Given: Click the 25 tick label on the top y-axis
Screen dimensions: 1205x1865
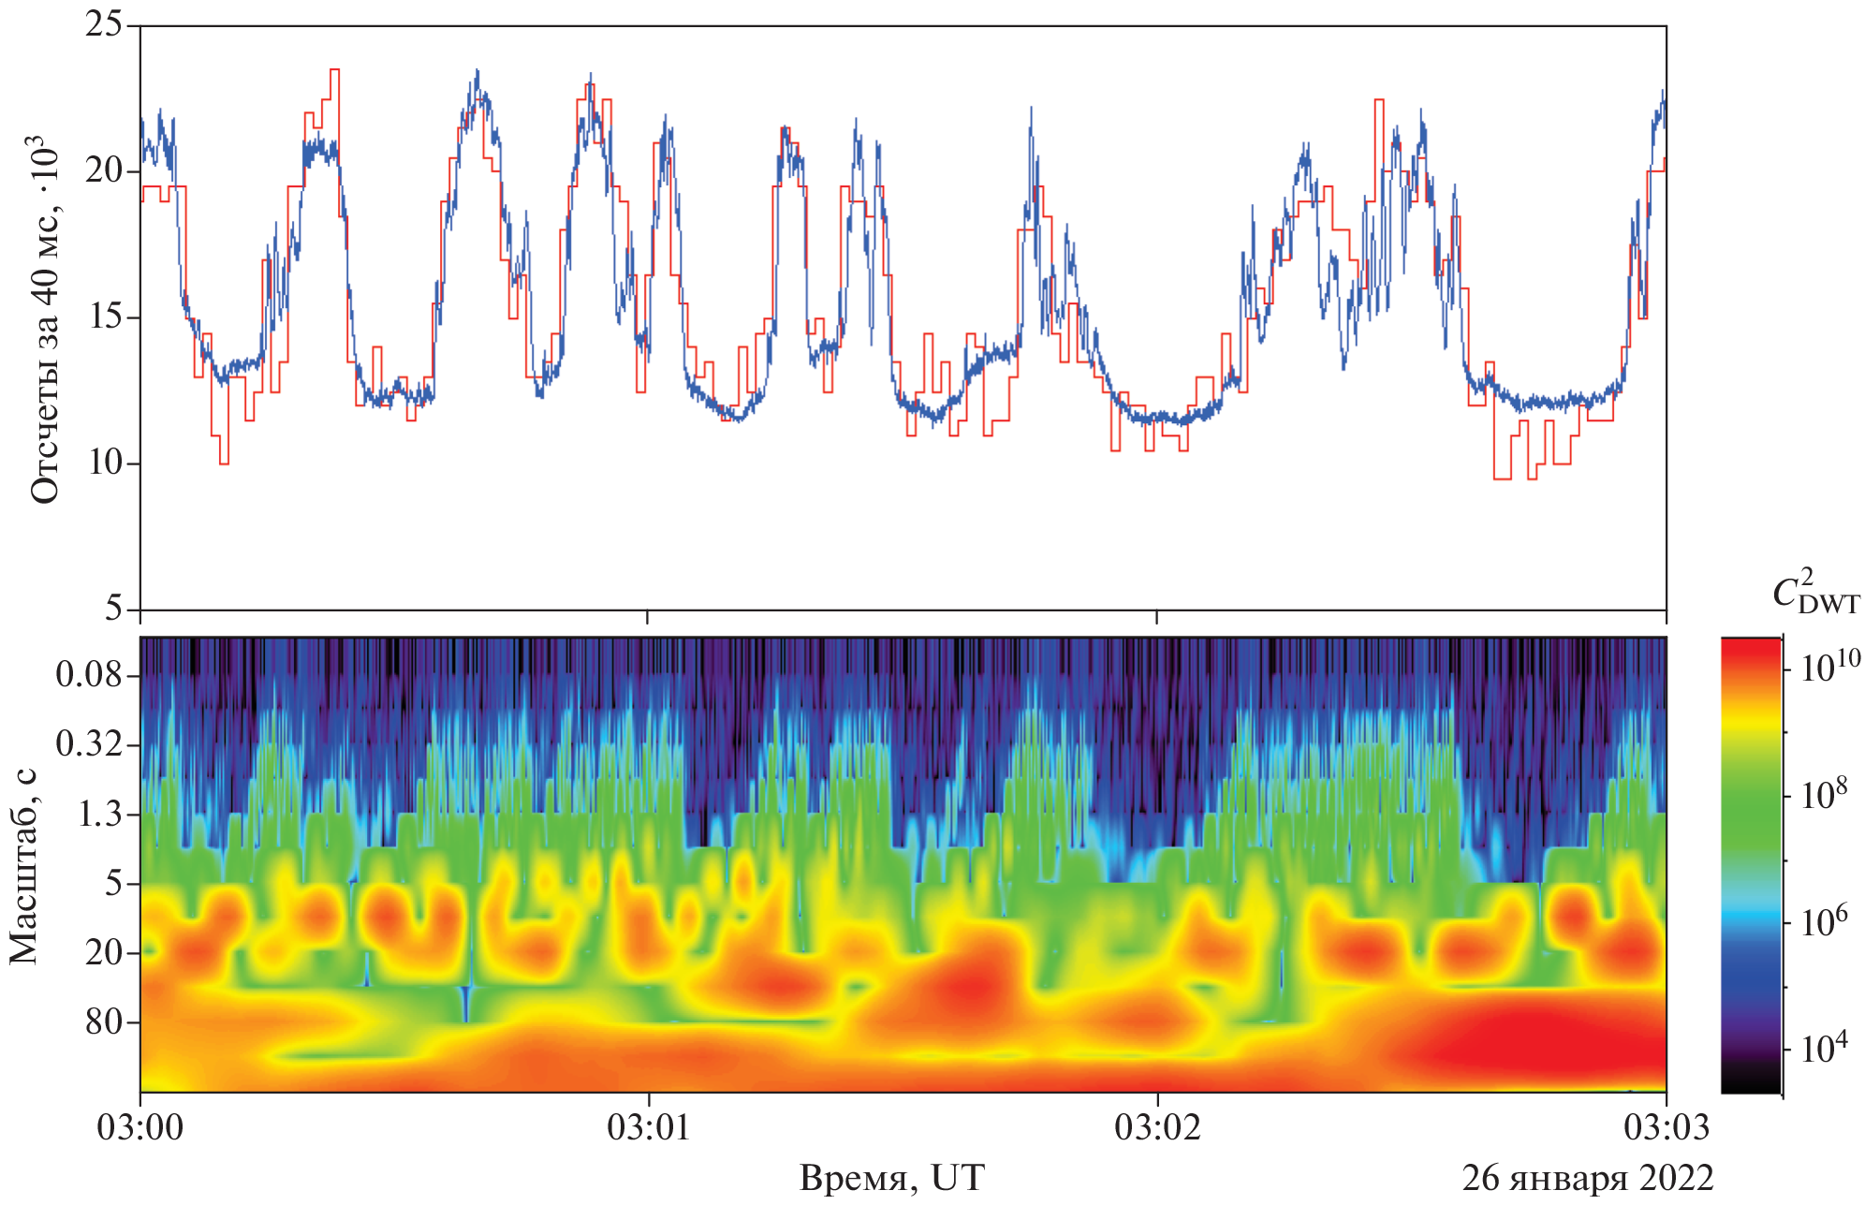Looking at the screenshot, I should pyautogui.click(x=103, y=24).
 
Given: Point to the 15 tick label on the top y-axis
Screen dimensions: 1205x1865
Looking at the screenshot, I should pyautogui.click(x=103, y=317).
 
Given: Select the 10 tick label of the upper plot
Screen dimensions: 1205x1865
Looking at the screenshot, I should pyautogui.click(x=103, y=463).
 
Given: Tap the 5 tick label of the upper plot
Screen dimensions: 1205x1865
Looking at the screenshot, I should pyautogui.click(x=113, y=610).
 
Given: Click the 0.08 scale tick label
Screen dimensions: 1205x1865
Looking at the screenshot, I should pyautogui.click(x=89, y=674).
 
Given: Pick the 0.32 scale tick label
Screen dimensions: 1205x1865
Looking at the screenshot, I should pyautogui.click(x=89, y=744).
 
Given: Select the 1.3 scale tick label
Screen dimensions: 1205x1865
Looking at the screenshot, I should pyautogui.click(x=99, y=814).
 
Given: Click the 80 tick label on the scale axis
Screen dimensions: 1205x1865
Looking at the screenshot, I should pyautogui.click(x=105, y=1021).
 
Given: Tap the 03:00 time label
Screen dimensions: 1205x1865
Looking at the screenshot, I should pyautogui.click(x=140, y=1127).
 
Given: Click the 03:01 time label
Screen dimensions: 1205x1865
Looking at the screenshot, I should pyautogui.click(x=649, y=1127).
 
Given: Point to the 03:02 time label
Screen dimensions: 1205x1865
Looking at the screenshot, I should pyautogui.click(x=1157, y=1127).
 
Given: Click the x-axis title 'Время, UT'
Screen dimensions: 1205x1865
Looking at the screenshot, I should pyautogui.click(x=891, y=1178).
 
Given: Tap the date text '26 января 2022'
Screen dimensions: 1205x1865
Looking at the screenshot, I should pyautogui.click(x=1588, y=1178).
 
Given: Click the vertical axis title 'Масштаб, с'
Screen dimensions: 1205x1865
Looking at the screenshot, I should pyautogui.click(x=24, y=865).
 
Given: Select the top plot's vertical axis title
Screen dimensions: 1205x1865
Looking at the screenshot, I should pyautogui.click(x=44, y=318).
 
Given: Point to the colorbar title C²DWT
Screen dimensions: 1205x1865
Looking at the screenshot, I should pyautogui.click(x=1815, y=592).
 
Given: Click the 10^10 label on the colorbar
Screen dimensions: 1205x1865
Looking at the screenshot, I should pyautogui.click(x=1830, y=665).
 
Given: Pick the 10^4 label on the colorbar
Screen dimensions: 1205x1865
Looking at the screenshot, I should pyautogui.click(x=1825, y=1048).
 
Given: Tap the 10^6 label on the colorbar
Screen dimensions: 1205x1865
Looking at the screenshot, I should pyautogui.click(x=1825, y=921).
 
